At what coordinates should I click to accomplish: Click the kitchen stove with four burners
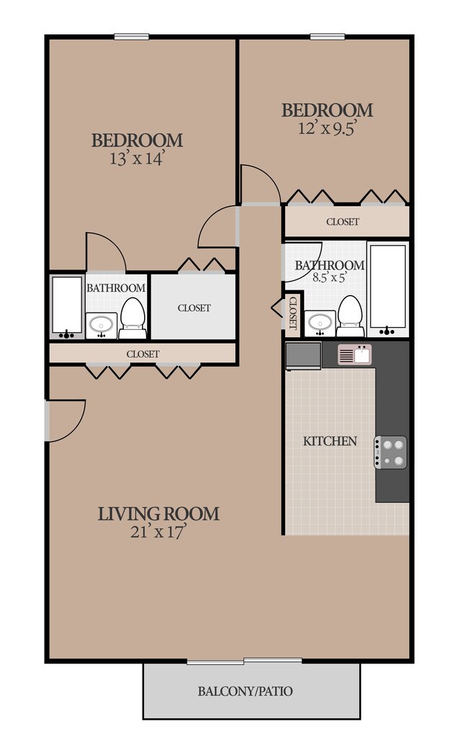tap(390, 452)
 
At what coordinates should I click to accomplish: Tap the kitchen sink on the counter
tap(354, 354)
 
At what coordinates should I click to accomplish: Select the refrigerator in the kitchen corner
tap(303, 356)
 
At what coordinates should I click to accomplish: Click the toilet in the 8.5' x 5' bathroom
tap(350, 316)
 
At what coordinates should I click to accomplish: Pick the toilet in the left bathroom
tap(133, 318)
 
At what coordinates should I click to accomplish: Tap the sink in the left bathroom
tap(101, 325)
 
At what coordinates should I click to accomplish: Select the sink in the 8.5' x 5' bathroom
tap(320, 323)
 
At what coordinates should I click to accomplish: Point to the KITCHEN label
tap(330, 441)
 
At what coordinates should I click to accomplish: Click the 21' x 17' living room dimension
tap(158, 532)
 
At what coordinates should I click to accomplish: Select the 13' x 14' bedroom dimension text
tap(137, 158)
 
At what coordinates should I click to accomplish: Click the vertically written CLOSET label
tap(293, 313)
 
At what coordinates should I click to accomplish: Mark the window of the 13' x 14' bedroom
tap(132, 37)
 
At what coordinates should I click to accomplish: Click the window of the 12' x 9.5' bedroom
tap(328, 37)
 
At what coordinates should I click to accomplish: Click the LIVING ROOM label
tap(158, 514)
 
